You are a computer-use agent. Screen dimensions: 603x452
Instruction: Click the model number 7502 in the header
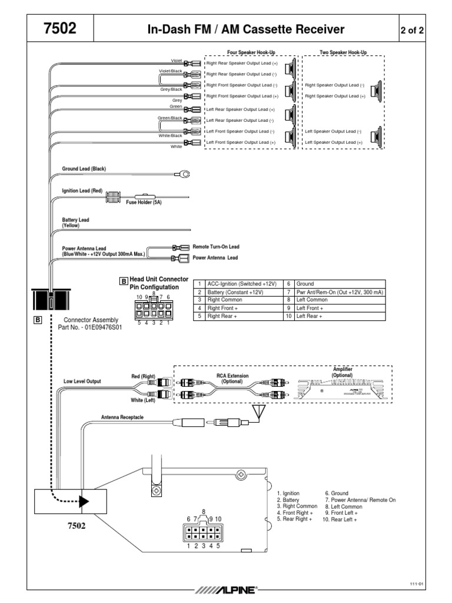[x=59, y=29]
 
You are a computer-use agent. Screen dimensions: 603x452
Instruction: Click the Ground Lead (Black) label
[x=84, y=169]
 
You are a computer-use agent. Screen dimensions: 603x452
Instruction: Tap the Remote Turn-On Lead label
[x=216, y=247]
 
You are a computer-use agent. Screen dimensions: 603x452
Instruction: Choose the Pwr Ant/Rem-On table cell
[x=340, y=291]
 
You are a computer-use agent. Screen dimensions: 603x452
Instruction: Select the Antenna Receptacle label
[x=122, y=417]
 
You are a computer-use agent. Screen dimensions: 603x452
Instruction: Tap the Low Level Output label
[x=82, y=381]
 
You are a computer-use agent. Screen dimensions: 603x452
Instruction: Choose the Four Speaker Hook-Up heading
[x=250, y=52]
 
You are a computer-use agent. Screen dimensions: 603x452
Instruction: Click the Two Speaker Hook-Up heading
[x=343, y=52]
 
